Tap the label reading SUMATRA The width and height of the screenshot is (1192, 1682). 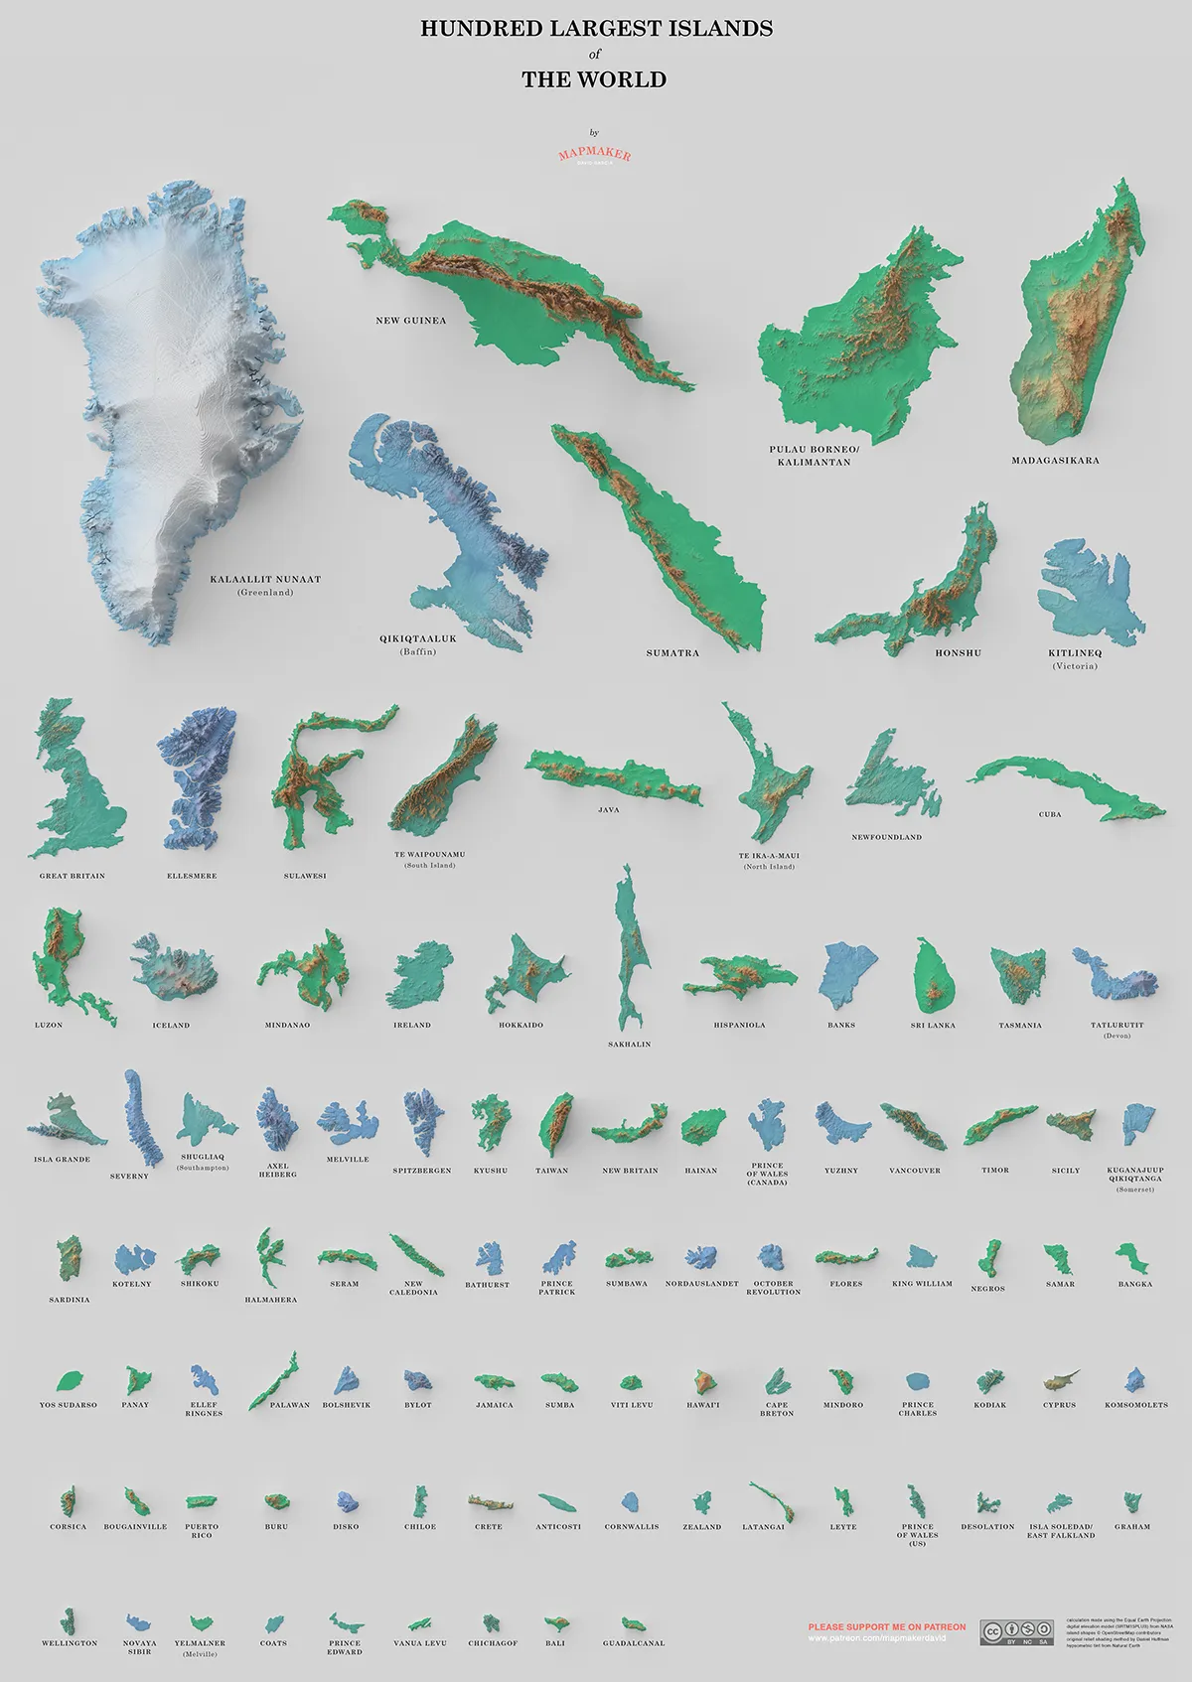coord(672,653)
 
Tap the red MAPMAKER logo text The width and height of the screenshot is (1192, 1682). coord(594,155)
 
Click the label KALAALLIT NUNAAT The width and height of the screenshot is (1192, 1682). coord(265,579)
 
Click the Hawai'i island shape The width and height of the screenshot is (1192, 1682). coord(702,1382)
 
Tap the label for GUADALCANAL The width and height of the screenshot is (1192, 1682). coord(634,1643)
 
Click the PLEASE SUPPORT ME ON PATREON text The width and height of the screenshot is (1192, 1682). coord(886,1627)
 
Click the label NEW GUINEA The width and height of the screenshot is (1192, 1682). coord(411,321)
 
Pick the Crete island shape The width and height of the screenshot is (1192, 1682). coord(488,1500)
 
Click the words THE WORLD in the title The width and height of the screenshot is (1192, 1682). coord(594,80)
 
